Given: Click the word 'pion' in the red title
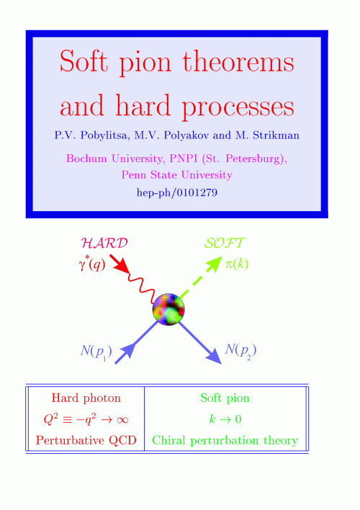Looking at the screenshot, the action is [x=145, y=63].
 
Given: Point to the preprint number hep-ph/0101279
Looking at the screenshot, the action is [x=177, y=192].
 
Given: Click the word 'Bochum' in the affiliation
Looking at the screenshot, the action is [x=82, y=158].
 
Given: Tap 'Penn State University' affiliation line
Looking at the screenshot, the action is [x=177, y=175].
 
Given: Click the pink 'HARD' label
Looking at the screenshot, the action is [x=104, y=243].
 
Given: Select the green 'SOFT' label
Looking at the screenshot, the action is [x=225, y=243].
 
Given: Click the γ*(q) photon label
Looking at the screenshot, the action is [x=92, y=265].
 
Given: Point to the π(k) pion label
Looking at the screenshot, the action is [x=237, y=264].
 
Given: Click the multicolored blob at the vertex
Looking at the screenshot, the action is [x=168, y=309].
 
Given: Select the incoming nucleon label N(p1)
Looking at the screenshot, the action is [x=96, y=352].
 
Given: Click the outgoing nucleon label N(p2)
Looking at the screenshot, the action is [x=240, y=351].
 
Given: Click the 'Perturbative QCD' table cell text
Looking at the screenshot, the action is [x=86, y=440].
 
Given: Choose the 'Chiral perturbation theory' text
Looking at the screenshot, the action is [x=225, y=441].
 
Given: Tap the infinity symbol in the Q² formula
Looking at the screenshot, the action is [x=122, y=420].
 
